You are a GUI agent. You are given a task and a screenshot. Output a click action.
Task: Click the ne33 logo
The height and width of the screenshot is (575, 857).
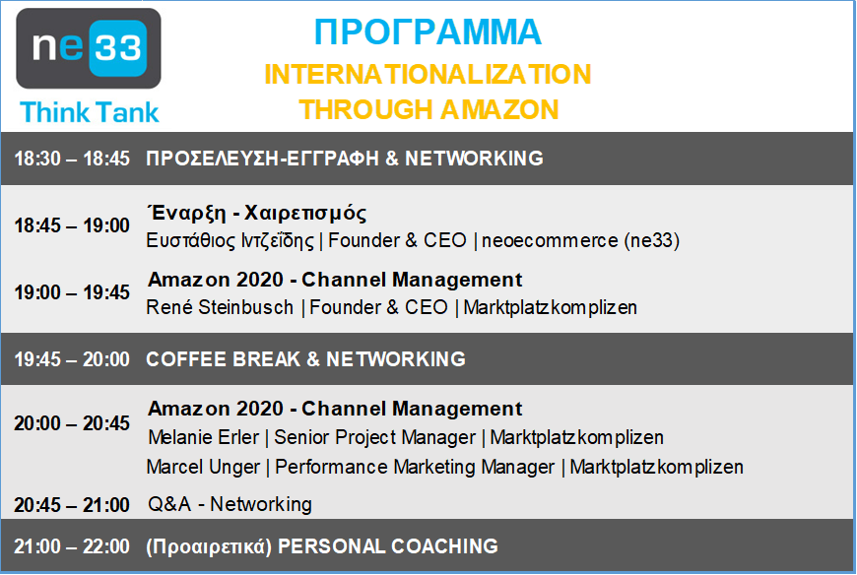coord(89,48)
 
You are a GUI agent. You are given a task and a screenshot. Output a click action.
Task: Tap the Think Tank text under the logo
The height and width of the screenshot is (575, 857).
coord(90,112)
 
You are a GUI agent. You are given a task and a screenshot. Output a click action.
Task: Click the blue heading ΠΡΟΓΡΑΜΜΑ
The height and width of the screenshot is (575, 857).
coord(428,32)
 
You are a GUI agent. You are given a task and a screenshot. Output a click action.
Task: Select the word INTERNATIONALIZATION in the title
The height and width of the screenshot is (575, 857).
coord(428,74)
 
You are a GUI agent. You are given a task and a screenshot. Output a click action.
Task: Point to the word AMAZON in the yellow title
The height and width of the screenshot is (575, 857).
coord(499,109)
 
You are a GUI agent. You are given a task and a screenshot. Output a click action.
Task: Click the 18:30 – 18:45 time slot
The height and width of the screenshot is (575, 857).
coord(72,159)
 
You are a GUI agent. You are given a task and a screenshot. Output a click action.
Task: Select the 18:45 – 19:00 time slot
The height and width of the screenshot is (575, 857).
coord(72,225)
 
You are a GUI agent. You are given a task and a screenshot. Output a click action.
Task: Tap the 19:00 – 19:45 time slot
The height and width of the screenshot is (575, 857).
coord(72,292)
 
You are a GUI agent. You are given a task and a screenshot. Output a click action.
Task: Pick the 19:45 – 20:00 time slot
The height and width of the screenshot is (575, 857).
coord(72,359)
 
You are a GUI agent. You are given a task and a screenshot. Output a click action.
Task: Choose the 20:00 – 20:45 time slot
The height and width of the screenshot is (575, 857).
coord(72,423)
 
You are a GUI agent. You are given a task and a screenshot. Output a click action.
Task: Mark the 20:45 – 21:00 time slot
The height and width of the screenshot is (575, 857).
coord(72,505)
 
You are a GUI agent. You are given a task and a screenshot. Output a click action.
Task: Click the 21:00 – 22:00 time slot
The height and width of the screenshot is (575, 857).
coord(72,546)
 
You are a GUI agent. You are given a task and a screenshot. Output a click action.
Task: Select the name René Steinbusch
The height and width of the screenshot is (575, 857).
coord(220,307)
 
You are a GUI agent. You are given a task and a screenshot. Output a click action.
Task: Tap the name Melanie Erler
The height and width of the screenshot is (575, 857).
coord(203,437)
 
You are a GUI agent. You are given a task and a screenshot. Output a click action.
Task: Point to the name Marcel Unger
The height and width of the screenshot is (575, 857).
coord(203,468)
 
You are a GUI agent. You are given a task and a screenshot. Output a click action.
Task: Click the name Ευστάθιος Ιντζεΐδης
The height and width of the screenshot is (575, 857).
coord(231,241)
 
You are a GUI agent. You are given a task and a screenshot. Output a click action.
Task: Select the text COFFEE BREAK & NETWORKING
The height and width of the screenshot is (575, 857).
coord(305,359)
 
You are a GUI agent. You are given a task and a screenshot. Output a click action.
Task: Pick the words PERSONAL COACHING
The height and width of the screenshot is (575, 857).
coord(388,546)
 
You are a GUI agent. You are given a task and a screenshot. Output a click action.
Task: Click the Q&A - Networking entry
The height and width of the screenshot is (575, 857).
coord(230,504)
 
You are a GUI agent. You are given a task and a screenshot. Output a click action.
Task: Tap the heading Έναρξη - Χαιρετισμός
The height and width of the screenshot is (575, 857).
coord(257,213)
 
